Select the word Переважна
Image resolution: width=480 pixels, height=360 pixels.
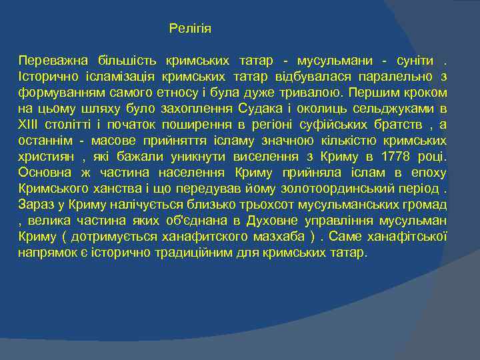click(49, 60)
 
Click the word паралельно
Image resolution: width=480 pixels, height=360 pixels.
click(401, 76)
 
